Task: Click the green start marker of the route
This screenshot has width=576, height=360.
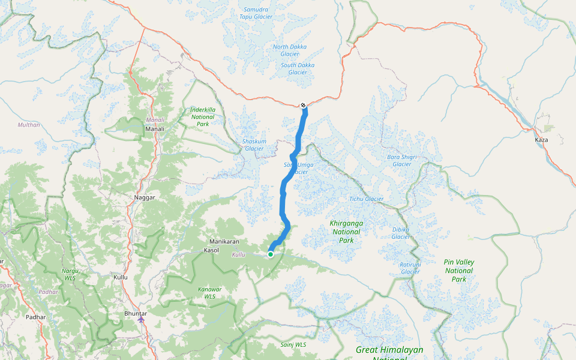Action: pos(271,254)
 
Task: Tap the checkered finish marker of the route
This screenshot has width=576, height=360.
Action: pos(304,106)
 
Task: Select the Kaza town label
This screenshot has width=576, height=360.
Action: pos(541,140)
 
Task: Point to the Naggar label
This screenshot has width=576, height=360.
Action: pos(145,197)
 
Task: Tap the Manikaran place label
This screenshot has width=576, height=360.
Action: pos(225,242)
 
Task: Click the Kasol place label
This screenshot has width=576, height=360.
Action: pos(212,250)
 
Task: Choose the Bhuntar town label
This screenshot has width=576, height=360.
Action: pos(135,313)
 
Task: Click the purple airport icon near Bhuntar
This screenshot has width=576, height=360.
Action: pos(141,319)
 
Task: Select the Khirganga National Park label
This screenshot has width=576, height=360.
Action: pos(346,232)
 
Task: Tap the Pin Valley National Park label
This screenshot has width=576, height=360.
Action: pos(459,271)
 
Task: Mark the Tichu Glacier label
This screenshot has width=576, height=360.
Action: pos(366,199)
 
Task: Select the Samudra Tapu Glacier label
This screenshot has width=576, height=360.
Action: pos(255,13)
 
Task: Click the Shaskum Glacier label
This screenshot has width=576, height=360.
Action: pos(254,145)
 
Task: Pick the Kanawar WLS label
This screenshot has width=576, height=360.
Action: pos(210,293)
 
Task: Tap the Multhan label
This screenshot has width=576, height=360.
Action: pos(29,125)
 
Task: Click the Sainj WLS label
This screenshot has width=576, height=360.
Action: pos(293,345)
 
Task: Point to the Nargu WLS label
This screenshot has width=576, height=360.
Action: pos(70,274)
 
